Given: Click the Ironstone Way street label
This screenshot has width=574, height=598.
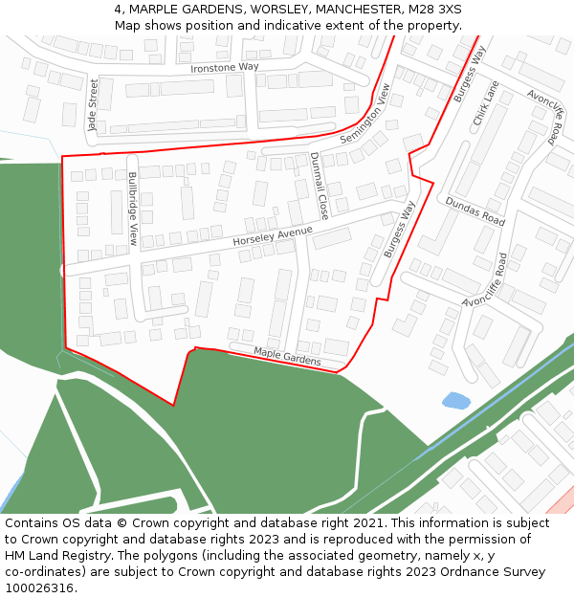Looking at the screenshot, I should pos(225,67).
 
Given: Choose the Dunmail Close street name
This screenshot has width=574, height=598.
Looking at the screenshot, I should pos(319,186).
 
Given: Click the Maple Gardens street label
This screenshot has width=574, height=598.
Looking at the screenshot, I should pos(287,356).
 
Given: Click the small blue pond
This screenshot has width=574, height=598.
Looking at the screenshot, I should pos(456,400).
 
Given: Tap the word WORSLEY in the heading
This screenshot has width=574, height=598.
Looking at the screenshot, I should pos(276,10).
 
